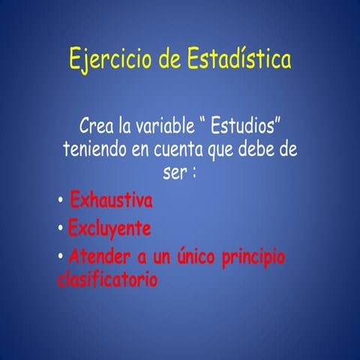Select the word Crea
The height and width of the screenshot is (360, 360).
99,124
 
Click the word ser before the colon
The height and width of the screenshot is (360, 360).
174,172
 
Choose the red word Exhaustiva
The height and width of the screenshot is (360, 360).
111,201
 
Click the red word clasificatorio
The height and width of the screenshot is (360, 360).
107,281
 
